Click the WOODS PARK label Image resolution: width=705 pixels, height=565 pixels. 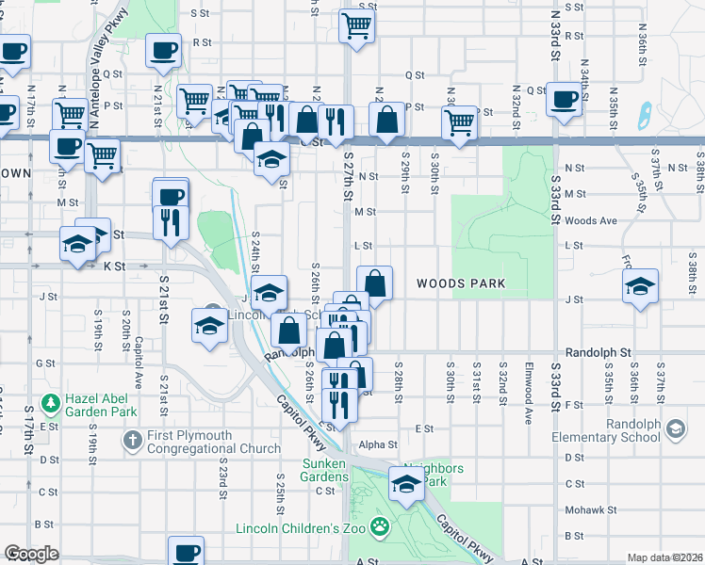click(461, 283)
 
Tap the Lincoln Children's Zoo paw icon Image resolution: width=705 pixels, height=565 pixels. click(379, 525)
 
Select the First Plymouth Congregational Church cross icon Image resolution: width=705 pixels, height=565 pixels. click(132, 440)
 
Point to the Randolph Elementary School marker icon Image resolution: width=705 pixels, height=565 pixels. click(675, 429)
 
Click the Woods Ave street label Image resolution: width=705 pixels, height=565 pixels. click(590, 220)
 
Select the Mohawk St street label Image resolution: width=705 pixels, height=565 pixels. click(590, 509)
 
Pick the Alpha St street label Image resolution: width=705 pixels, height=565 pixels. click(378, 444)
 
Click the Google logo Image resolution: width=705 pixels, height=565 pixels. click(31, 554)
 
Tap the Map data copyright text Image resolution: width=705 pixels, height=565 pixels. click(665, 557)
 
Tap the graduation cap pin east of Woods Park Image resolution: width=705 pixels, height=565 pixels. click(640, 284)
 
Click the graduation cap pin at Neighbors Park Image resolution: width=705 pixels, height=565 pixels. click(407, 485)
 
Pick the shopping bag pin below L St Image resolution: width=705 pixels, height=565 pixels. click(375, 282)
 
